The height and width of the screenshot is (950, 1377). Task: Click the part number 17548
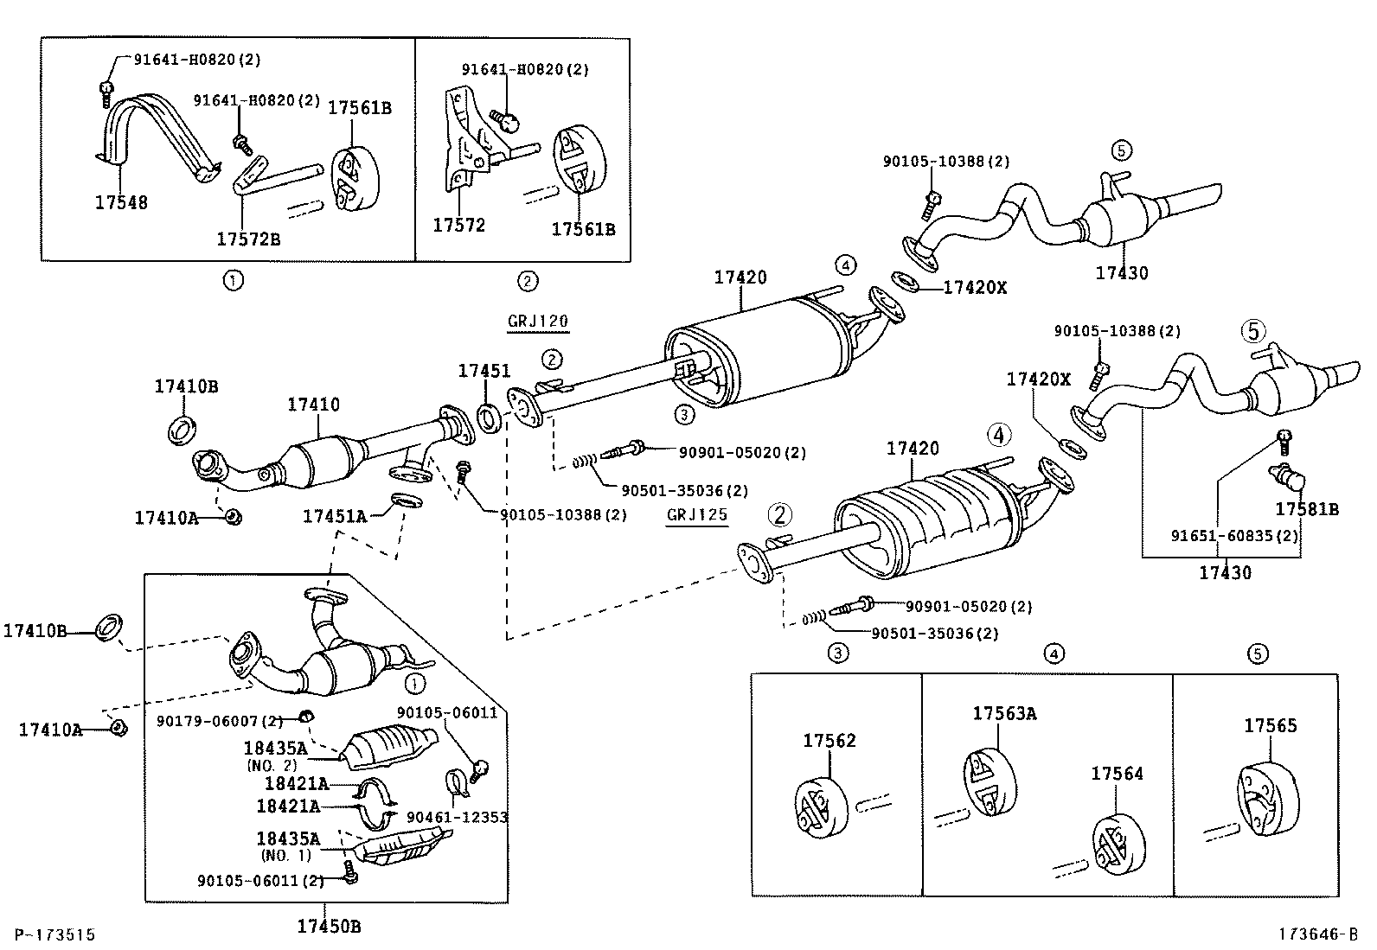click(121, 202)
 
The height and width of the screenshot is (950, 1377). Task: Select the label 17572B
click(248, 239)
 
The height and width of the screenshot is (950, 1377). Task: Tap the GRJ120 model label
click(537, 322)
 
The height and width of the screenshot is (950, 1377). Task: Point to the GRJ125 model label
click(696, 515)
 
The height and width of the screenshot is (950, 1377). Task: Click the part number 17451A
click(335, 516)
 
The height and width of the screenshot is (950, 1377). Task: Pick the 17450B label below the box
click(329, 927)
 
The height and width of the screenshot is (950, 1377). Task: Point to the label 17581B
click(1307, 509)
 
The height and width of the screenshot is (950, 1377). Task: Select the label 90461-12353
click(456, 817)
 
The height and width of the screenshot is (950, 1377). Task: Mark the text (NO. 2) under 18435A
click(271, 766)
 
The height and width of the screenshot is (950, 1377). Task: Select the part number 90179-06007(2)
click(220, 720)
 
